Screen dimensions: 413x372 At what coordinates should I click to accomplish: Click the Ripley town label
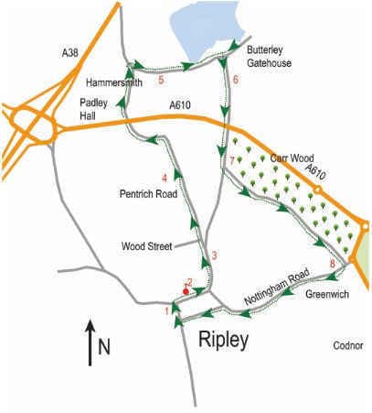coord(227,341)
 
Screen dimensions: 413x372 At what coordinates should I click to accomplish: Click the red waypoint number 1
coord(167,310)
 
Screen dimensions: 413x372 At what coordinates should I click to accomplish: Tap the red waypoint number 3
coord(213,255)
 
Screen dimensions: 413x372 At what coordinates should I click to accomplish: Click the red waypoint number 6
coord(236,80)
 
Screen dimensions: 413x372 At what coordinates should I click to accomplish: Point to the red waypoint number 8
coord(333,264)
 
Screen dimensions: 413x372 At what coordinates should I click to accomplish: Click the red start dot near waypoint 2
coord(186,290)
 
